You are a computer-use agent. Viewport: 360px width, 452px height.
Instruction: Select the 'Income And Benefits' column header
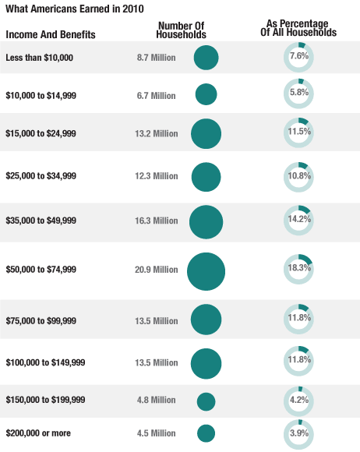[51, 35]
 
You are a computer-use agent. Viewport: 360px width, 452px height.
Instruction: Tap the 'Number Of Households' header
[181, 30]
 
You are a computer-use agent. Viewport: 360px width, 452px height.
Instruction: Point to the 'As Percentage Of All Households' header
[298, 29]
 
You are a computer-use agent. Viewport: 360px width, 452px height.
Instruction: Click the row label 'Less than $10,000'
[41, 58]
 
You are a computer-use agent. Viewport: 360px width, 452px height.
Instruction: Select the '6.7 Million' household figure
[156, 96]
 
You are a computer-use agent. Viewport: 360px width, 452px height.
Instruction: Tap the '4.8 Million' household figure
[156, 400]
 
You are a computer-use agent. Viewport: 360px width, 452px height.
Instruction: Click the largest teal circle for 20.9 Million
[206, 272]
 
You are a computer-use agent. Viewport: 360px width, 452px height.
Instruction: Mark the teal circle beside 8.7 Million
[206, 58]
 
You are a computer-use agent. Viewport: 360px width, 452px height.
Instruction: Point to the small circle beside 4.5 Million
[206, 433]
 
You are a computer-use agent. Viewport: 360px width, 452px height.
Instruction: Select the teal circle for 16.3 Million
[206, 221]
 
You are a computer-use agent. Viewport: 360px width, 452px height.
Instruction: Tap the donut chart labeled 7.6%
[299, 57]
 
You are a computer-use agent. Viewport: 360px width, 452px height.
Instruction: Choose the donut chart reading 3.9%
[299, 433]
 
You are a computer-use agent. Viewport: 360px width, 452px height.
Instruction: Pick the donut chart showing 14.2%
[299, 220]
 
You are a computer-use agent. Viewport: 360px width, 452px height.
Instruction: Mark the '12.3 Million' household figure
[157, 176]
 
